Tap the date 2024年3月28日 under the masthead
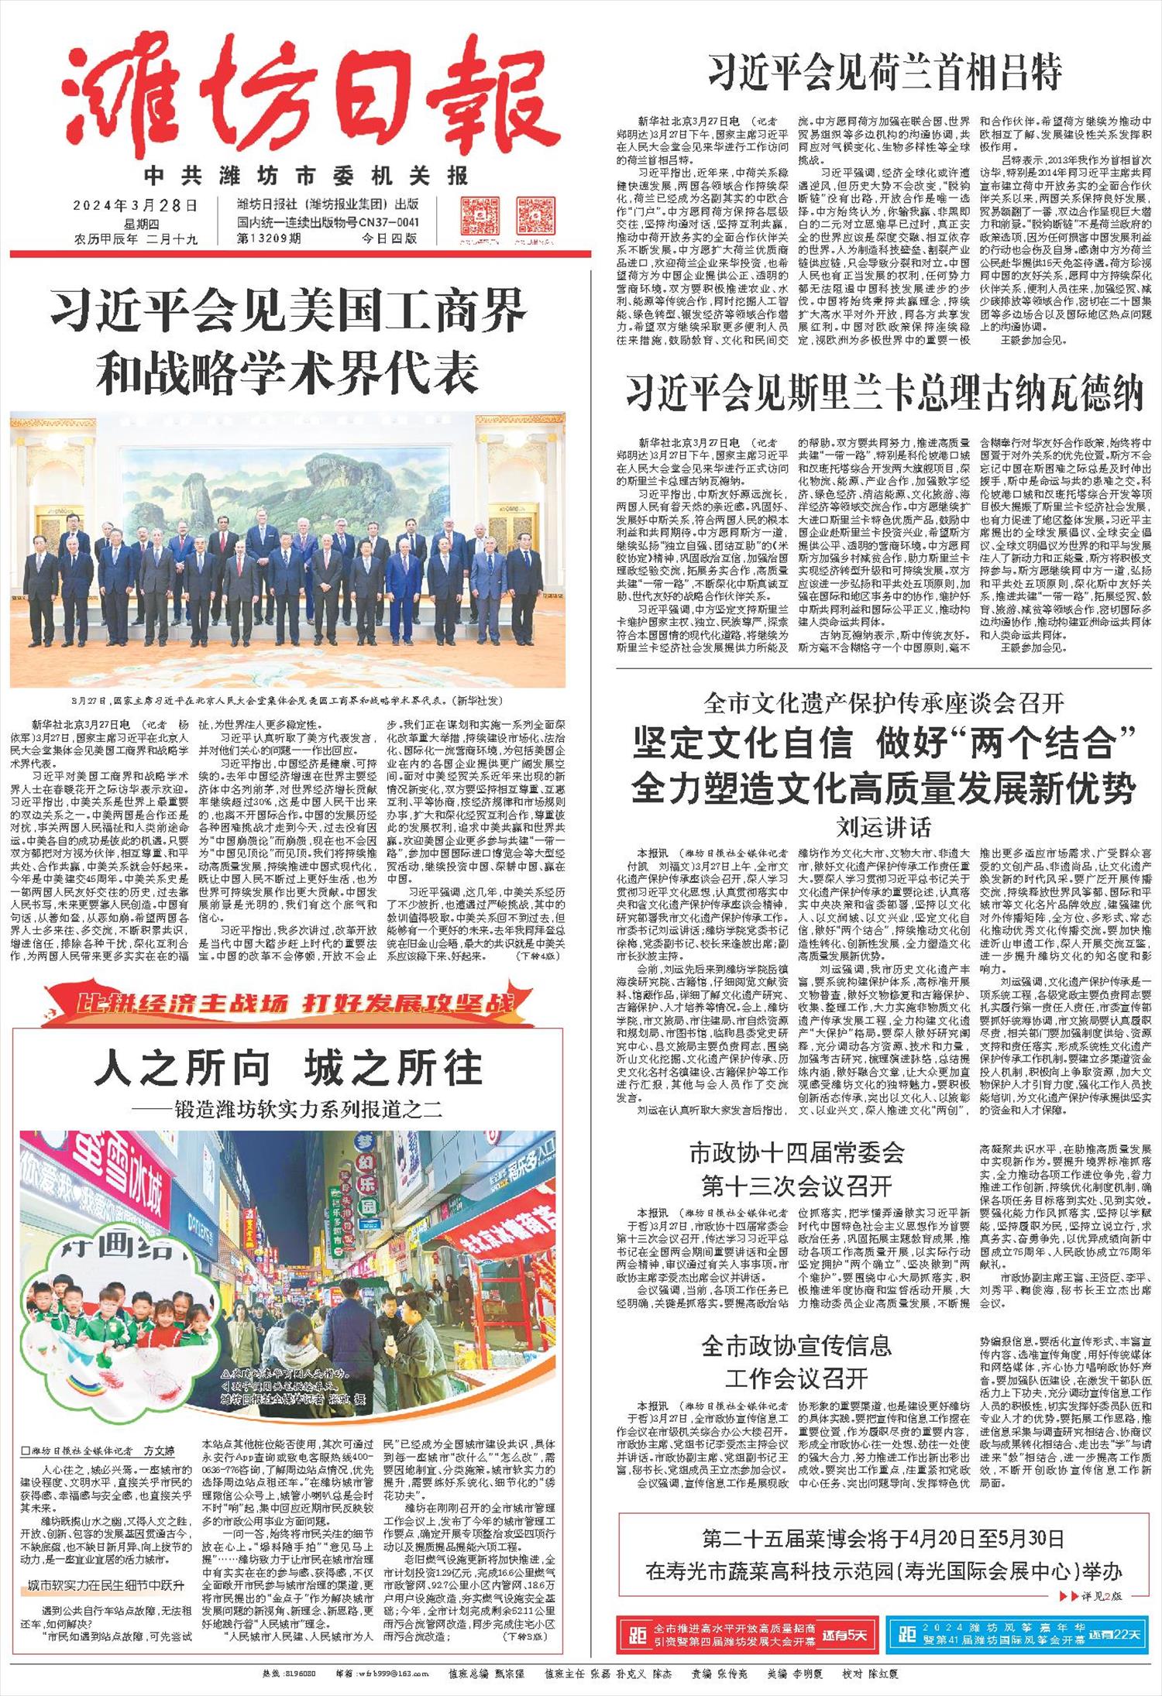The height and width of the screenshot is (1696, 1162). tap(136, 205)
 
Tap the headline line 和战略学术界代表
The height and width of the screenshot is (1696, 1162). tap(287, 373)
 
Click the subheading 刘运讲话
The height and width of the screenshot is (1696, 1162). tap(884, 828)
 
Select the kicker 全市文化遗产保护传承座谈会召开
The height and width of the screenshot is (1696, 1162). tap(884, 703)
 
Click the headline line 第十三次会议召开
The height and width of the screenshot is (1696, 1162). tap(796, 1186)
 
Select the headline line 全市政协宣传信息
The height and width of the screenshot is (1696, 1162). tap(796, 1345)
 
